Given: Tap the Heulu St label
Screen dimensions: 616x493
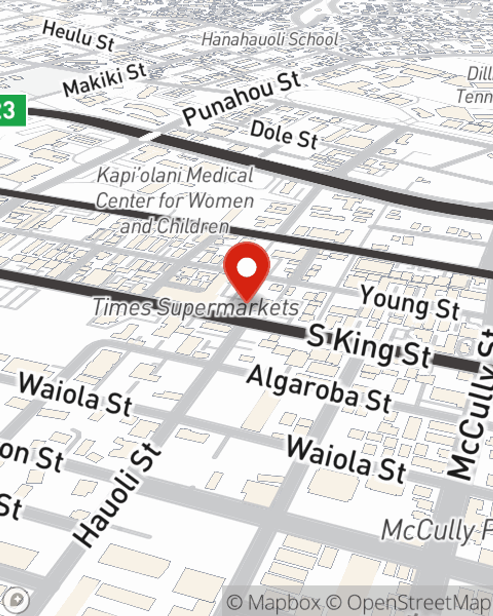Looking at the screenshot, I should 78,35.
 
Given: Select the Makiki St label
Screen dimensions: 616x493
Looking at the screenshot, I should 105,79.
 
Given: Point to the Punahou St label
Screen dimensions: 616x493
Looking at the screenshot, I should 241,98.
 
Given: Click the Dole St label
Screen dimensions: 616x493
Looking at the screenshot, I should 284,135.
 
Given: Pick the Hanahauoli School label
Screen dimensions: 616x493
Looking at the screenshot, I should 270,39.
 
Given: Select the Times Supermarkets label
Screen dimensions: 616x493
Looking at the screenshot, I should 196,308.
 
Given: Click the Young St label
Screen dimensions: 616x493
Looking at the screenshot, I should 410,302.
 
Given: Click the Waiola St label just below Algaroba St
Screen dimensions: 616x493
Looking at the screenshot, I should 347,459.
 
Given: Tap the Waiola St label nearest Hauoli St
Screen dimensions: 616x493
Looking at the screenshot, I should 75,393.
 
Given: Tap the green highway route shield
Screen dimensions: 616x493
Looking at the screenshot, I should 12,110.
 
